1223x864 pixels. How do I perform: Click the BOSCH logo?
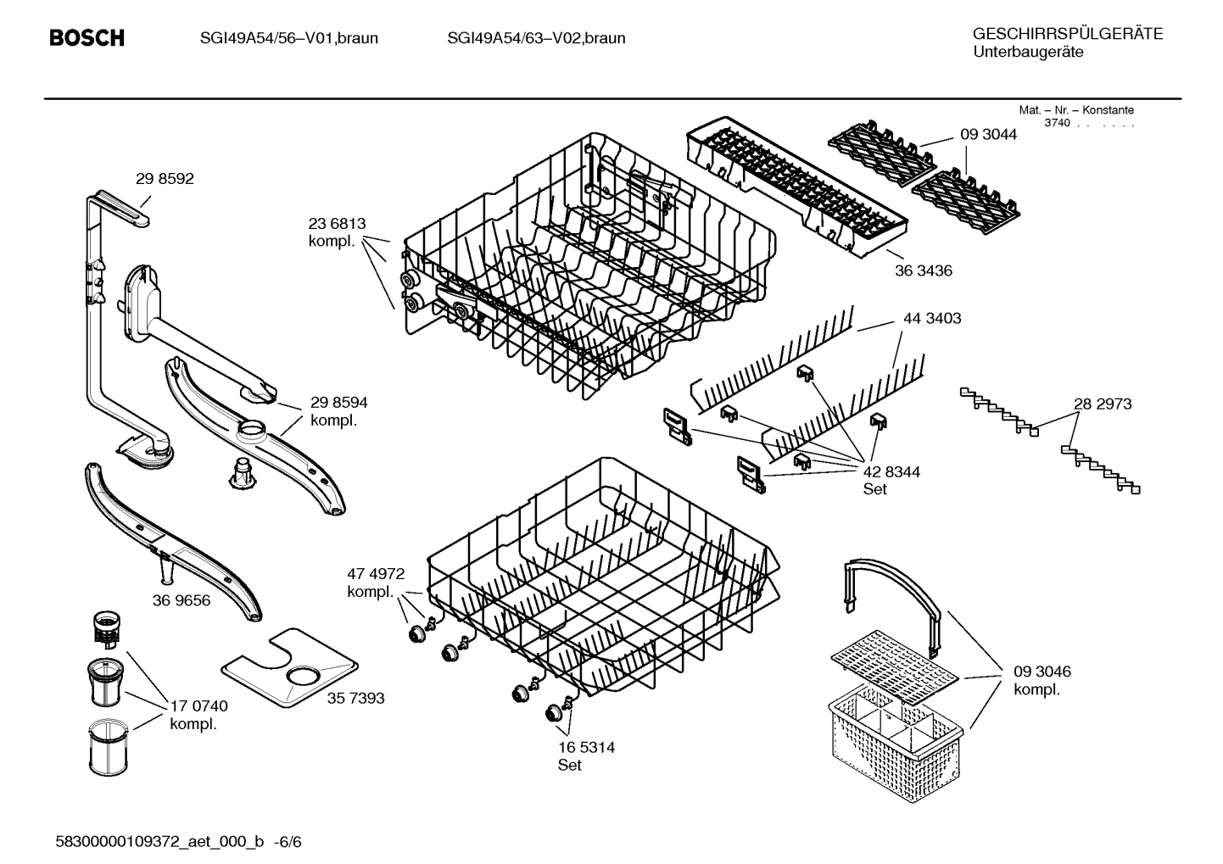pos(87,38)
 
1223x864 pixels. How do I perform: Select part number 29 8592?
pos(165,179)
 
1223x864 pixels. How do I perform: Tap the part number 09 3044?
pos(988,135)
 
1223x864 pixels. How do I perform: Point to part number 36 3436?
pos(924,271)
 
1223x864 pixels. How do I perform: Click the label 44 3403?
pos(932,319)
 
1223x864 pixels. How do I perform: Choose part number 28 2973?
pos(1103,404)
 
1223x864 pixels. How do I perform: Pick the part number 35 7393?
pos(355,699)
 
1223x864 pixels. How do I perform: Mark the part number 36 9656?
pos(181,600)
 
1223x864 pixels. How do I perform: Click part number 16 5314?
pos(586,748)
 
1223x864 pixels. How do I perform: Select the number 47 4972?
pos(376,574)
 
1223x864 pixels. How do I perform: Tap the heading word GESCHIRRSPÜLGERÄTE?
pos(1067,34)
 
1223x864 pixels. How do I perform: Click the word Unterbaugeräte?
pos(1028,53)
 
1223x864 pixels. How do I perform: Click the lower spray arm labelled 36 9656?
pos(170,543)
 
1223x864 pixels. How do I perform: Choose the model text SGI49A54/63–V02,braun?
pos(536,38)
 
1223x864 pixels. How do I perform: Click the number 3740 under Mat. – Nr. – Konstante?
pos(1057,123)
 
